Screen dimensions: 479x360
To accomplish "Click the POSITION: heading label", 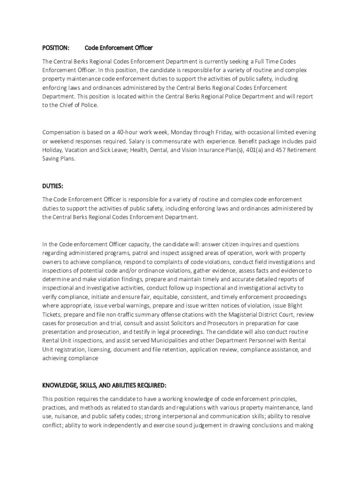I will click(x=56, y=48).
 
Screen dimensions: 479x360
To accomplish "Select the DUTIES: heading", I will click(x=53, y=186).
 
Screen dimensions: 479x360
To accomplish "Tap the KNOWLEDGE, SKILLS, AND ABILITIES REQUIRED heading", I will click(x=104, y=385).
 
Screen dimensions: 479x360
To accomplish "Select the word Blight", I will click(x=306, y=306).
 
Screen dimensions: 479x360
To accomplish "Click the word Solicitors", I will click(x=178, y=324).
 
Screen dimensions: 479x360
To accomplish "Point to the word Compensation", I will click(x=63, y=132).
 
